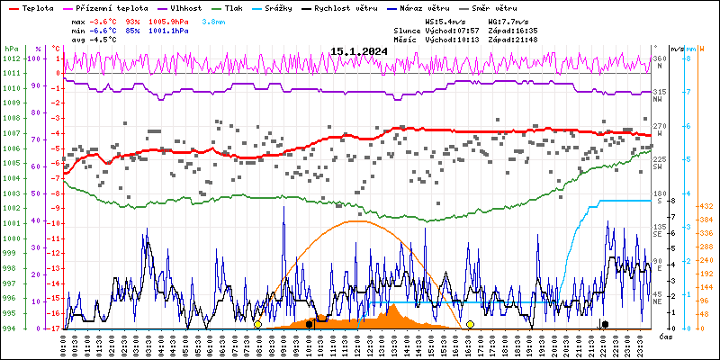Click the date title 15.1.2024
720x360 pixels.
359,51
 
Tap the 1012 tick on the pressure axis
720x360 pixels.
11,58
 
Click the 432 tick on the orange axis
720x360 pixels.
707,206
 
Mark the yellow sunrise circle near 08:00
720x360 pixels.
257,324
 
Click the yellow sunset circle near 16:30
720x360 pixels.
470,324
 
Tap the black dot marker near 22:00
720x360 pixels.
605,324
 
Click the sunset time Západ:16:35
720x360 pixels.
513,31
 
